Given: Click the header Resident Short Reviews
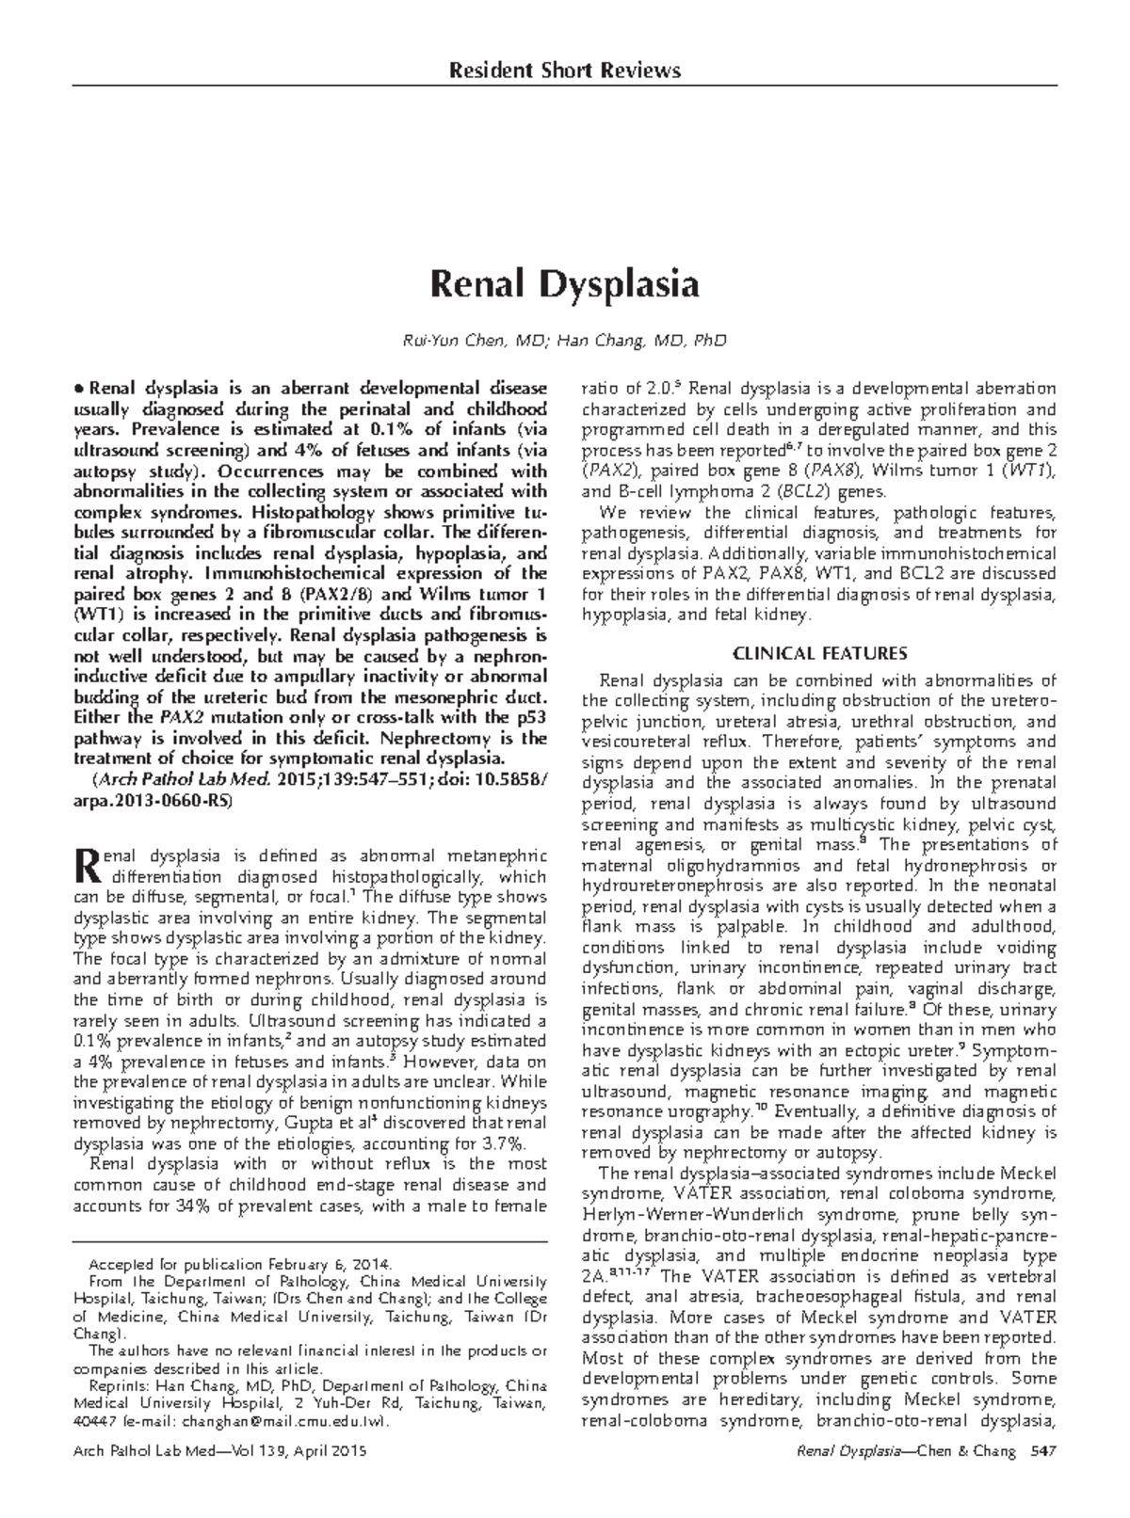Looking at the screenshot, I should pyautogui.click(x=564, y=71).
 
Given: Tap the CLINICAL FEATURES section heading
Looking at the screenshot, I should pyautogui.click(x=819, y=652).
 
